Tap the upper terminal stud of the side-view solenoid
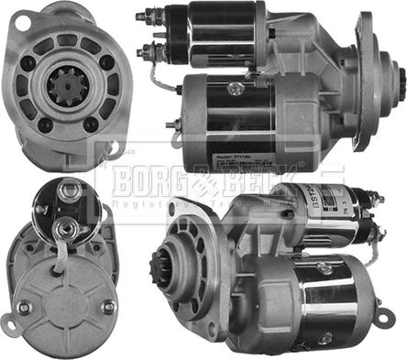144,16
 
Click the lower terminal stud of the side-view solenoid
144,51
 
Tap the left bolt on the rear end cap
25,307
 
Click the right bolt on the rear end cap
108,307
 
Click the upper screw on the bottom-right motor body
323,267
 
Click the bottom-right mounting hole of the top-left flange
92,125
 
